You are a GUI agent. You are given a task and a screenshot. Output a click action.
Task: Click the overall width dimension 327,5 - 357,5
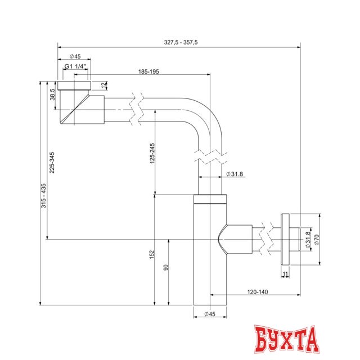coord(181,42)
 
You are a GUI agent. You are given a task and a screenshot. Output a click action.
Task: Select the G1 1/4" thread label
coord(75,66)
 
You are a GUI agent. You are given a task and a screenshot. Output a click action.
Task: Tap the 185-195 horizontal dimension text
coord(149,72)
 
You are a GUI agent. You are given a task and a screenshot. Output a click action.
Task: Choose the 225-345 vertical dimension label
coord(52,163)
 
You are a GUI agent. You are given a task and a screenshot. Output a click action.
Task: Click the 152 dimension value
coord(151,255)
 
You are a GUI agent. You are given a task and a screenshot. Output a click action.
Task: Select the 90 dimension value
coord(165,268)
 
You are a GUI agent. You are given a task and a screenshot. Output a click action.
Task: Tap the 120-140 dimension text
coord(258,292)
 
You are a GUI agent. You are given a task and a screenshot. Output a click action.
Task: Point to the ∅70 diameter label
coord(316,239)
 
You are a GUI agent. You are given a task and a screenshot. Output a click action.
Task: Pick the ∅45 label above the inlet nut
coord(75,56)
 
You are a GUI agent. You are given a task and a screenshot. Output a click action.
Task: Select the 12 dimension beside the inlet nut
coord(103,85)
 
